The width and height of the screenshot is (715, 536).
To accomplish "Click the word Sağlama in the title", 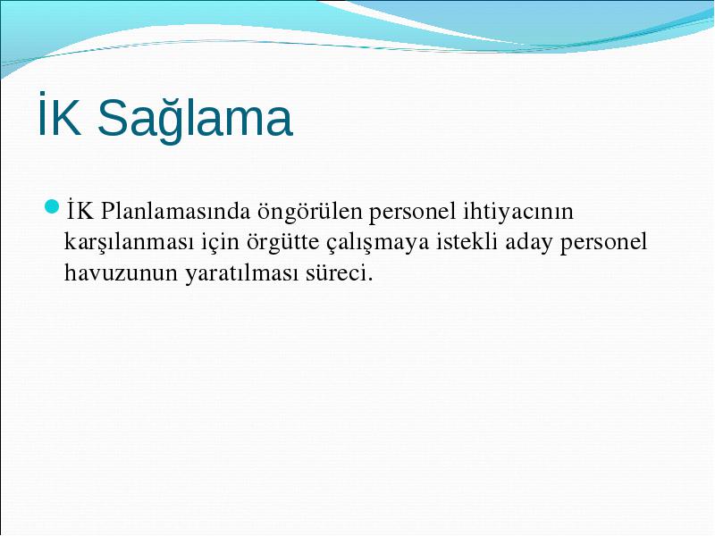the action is pos(195,119).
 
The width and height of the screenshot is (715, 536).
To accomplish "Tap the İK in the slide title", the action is pos(60,114).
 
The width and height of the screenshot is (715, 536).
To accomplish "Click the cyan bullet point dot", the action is pos(52,206).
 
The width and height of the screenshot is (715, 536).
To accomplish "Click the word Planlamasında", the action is pos(175,211).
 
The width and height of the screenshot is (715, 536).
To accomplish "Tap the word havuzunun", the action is pos(121,273).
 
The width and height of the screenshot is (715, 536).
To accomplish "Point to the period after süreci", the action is pos(369,280).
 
